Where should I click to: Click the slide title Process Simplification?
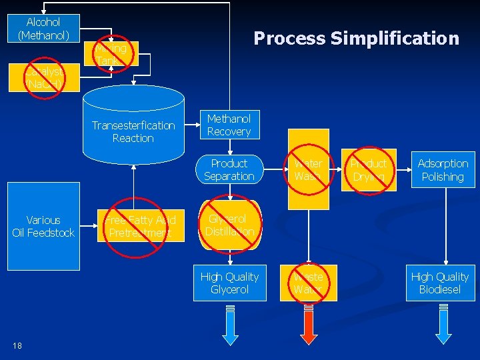[x=356, y=39]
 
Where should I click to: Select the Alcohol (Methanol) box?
[x=44, y=29]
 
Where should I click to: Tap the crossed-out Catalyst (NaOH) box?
[x=44, y=77]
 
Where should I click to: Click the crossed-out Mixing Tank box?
[x=111, y=55]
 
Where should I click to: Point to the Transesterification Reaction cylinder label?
[x=133, y=132]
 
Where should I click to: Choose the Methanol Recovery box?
[x=229, y=125]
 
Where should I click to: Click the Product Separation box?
[x=229, y=170]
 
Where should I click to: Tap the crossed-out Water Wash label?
[x=308, y=170]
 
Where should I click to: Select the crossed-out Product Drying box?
[x=369, y=170]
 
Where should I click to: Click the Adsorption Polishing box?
[x=443, y=170]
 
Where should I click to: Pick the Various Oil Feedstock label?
[x=43, y=226]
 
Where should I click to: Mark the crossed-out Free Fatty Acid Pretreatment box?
[x=141, y=226]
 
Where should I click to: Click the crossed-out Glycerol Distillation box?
[x=229, y=225]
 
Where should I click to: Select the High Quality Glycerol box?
[x=229, y=283]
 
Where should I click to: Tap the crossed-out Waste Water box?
[x=308, y=283]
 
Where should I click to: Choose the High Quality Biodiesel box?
[x=440, y=283]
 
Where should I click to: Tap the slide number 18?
[x=17, y=345]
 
